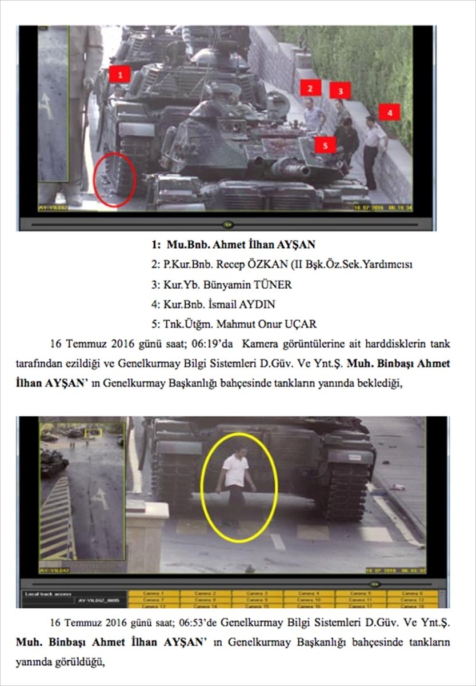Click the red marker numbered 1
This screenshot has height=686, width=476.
[119, 74]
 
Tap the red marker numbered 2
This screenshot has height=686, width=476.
[310, 87]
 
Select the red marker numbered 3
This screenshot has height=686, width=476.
[340, 90]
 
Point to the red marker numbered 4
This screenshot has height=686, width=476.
[389, 113]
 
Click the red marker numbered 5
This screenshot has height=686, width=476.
[325, 145]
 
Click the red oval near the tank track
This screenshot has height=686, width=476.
[114, 180]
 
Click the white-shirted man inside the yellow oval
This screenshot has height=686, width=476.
[235, 481]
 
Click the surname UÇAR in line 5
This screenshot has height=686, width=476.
[303, 324]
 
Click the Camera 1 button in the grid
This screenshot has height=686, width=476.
[154, 594]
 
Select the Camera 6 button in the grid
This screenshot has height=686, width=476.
[412, 594]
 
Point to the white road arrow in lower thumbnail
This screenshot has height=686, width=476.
[101, 498]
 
